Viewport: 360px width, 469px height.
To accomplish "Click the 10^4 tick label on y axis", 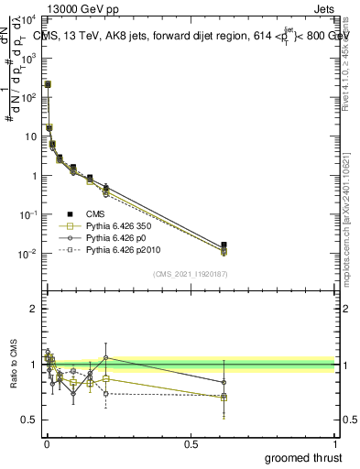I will (x=30, y=19).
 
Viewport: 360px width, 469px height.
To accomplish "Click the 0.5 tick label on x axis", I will (x=191, y=444).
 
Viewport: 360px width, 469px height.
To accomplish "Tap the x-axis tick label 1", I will (x=334, y=444).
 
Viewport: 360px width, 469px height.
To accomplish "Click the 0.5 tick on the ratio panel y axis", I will (x=31, y=420).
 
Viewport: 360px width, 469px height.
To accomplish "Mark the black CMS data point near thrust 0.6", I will (x=224, y=245).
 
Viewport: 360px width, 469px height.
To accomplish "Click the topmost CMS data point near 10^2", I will (x=48, y=84).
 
